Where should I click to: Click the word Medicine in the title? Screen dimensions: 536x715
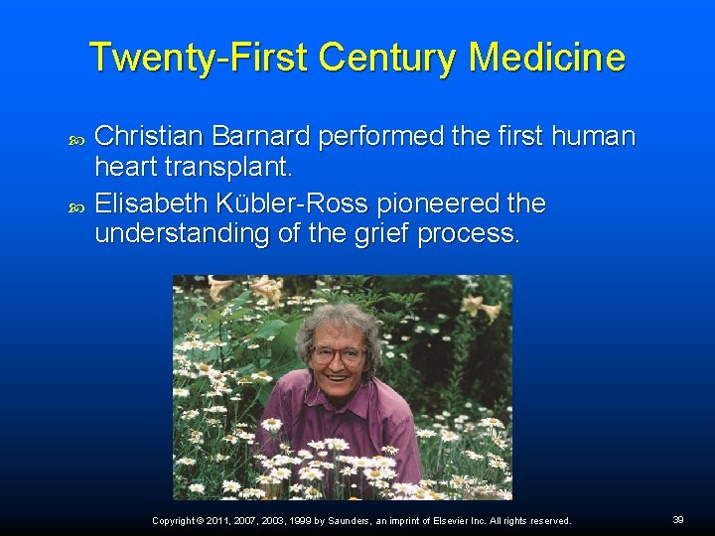(x=546, y=57)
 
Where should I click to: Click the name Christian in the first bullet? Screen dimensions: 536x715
(x=151, y=136)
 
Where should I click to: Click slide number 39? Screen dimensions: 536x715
(x=678, y=520)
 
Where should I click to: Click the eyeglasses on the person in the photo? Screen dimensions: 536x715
(x=338, y=353)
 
